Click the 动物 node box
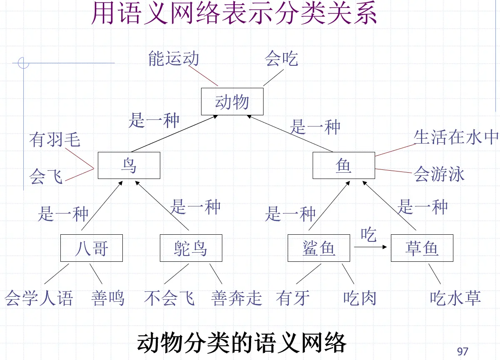232,102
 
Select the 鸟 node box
129,165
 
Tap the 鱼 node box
343,165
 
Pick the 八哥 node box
92,248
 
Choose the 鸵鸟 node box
191,248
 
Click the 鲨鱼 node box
318,248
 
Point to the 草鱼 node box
422,248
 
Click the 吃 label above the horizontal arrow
368,235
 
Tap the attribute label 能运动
174,59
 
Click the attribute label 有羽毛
55,139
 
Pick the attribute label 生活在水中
456,137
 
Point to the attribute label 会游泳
439,174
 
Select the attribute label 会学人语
39,298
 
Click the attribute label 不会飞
169,298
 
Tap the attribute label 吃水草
455,298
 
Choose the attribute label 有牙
293,298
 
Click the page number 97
463,351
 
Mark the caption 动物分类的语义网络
241,343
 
